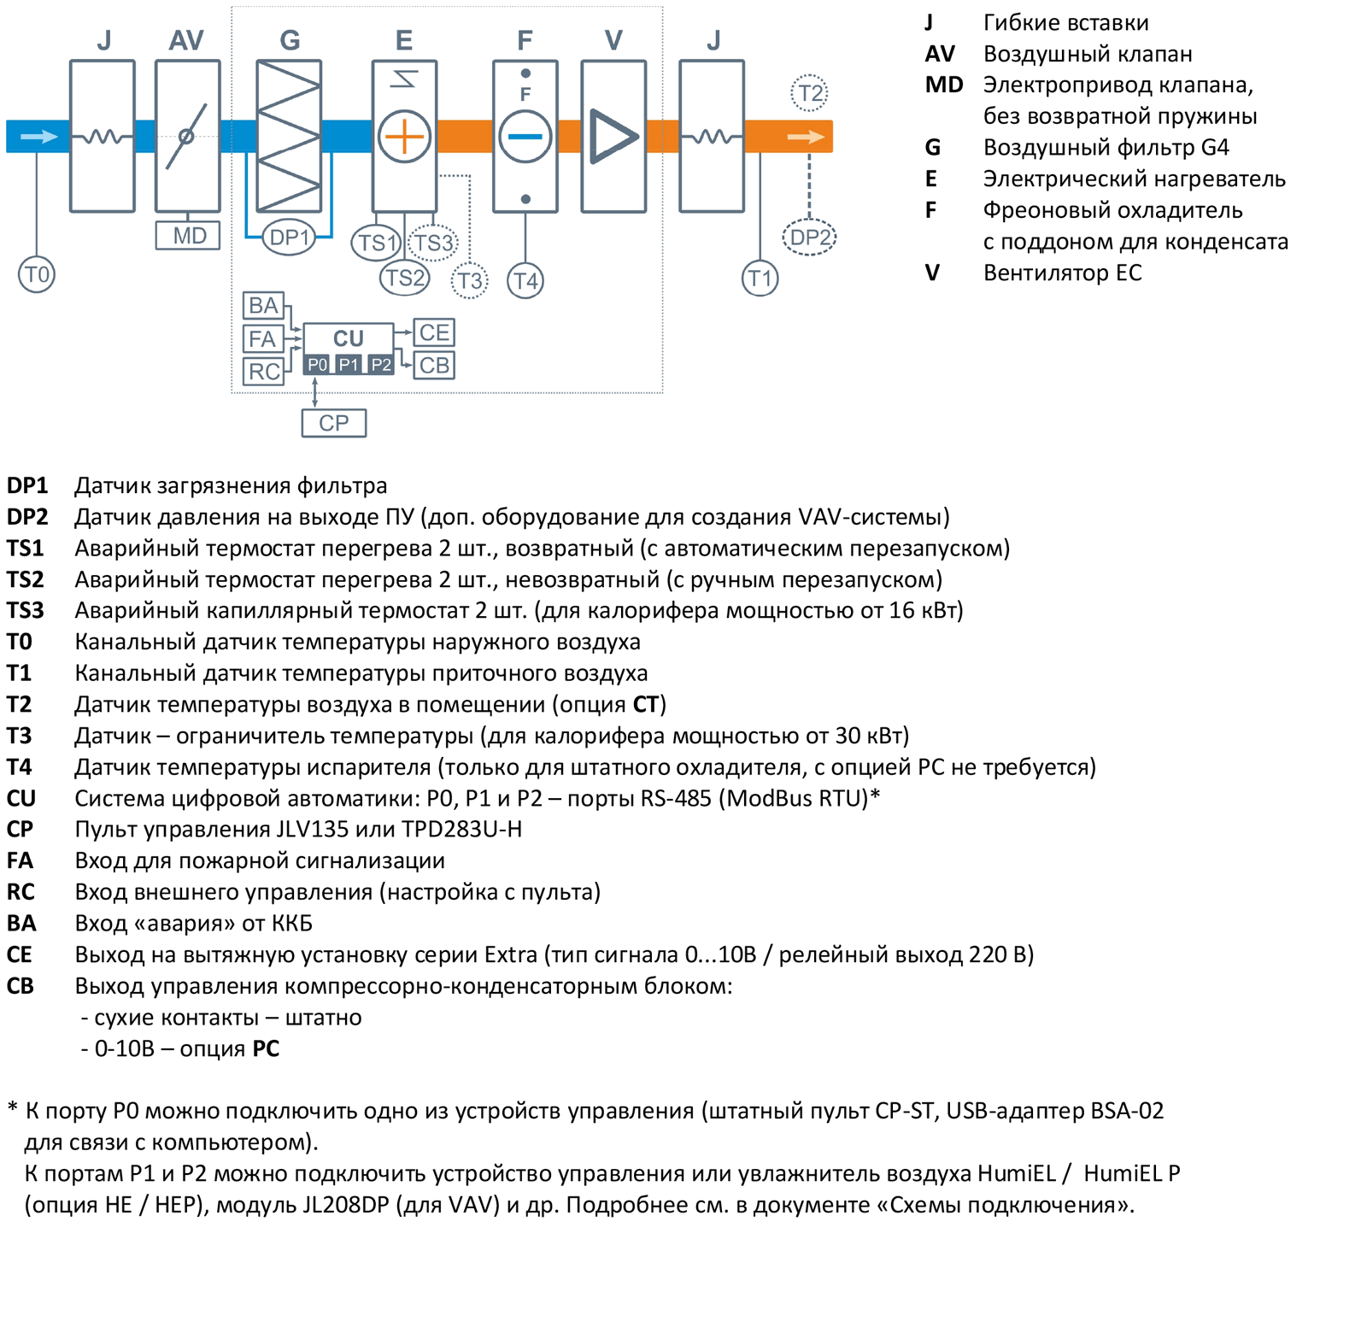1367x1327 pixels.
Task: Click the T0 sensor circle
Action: [x=37, y=274]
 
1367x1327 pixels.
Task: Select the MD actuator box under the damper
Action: [x=188, y=235]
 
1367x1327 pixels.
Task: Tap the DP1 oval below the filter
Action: [x=289, y=237]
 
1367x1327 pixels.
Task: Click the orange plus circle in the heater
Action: [x=404, y=136]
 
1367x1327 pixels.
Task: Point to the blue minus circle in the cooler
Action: [x=525, y=136]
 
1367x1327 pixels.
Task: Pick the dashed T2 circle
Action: [x=809, y=93]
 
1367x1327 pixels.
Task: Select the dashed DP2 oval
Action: [x=809, y=237]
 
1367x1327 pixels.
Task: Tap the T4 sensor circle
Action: [x=525, y=280]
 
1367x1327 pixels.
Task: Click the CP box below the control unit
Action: [x=334, y=423]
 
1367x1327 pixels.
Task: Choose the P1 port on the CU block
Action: [x=349, y=365]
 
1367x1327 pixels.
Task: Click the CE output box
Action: [x=434, y=332]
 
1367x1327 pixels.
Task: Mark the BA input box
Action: [x=263, y=305]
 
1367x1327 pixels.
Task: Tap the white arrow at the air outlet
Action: [x=806, y=136]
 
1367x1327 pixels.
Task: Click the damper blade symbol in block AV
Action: [x=186, y=136]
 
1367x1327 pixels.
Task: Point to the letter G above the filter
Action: [x=290, y=40]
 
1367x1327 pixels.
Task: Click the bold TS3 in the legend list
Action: [x=26, y=610]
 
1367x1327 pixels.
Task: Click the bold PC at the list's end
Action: [x=266, y=1048]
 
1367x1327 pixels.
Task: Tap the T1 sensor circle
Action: [x=760, y=278]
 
